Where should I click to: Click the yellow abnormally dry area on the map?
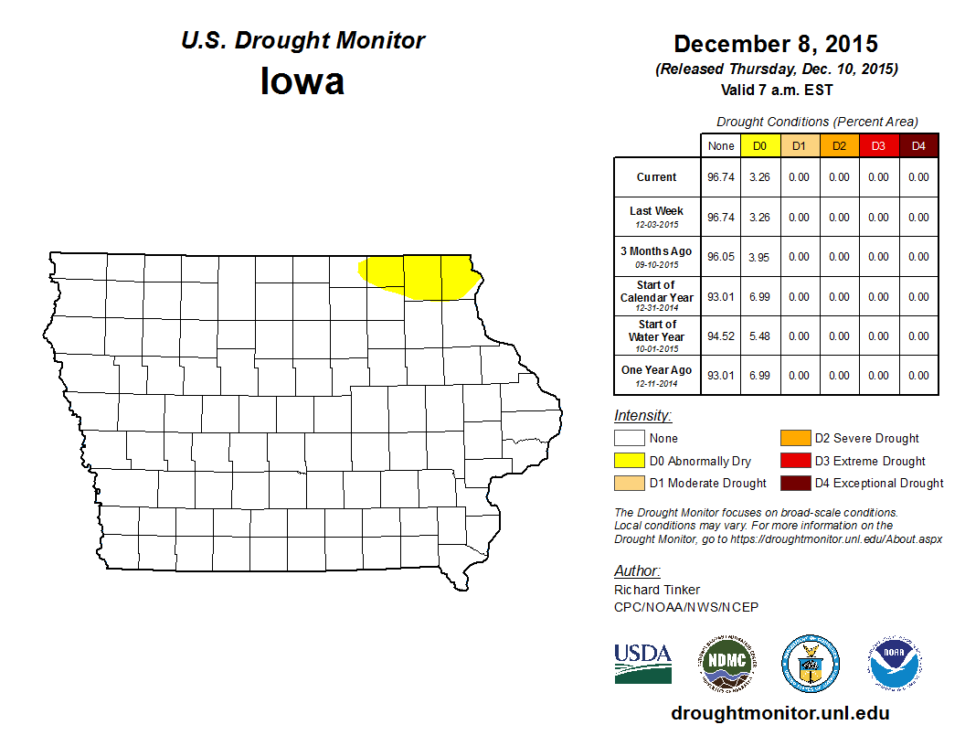[420, 276]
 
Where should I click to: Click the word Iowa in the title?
[302, 81]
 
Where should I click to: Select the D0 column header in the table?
[760, 145]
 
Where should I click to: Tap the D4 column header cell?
[918, 145]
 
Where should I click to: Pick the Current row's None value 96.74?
[721, 177]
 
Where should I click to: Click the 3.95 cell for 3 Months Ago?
[760, 257]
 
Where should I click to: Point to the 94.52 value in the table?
[721, 336]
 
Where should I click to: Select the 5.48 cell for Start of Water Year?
[760, 336]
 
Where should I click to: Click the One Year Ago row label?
[657, 375]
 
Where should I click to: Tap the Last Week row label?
[657, 216]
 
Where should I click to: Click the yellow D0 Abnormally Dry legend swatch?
[630, 461]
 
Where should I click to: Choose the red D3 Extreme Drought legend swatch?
[794, 461]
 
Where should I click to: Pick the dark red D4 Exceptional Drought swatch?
[794, 483]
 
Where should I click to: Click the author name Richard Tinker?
[657, 590]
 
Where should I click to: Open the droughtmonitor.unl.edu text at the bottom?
[779, 713]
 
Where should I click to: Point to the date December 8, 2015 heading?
[776, 44]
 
